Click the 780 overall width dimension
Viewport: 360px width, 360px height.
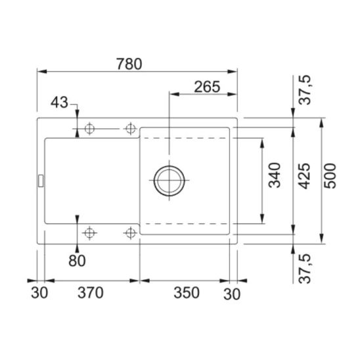coord(129,64)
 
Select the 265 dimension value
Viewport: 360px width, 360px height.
coord(207,87)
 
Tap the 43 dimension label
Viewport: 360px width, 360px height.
coord(60,102)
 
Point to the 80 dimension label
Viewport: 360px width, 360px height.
coord(77,261)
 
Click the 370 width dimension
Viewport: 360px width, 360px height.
coord(91,293)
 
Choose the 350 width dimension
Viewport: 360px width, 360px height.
coord(187,293)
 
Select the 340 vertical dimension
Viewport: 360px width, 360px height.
coord(275,175)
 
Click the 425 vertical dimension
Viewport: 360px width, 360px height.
coord(304,176)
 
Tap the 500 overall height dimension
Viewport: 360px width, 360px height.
coord(330,176)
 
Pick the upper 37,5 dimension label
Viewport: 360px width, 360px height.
coord(305,90)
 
